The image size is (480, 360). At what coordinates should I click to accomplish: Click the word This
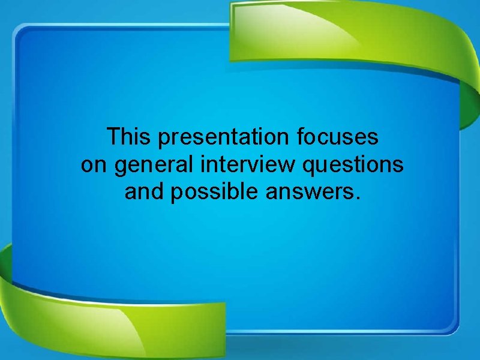(x=128, y=137)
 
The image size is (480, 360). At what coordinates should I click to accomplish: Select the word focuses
(x=338, y=137)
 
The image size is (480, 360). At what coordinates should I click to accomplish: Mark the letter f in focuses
(x=300, y=137)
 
